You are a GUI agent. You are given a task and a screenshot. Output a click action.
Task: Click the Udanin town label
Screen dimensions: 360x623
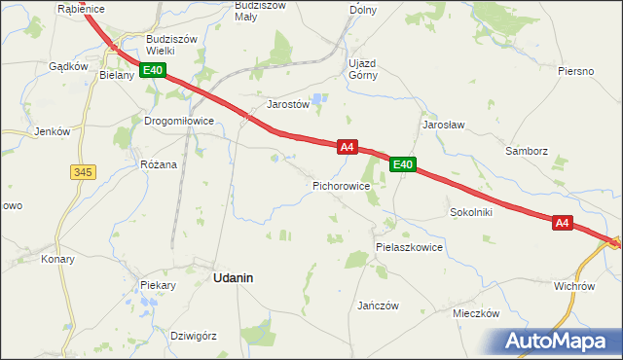coord(233,277)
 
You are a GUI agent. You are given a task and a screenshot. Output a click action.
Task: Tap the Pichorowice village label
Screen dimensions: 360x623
coord(341,184)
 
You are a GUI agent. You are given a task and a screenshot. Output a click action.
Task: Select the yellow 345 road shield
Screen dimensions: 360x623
coord(83,172)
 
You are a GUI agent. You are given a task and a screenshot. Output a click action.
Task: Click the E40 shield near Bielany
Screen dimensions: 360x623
coord(153,70)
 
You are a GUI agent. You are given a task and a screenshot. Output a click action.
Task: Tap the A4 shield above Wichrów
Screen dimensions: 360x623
coord(562,223)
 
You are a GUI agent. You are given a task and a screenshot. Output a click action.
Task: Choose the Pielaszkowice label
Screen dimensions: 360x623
coord(409,247)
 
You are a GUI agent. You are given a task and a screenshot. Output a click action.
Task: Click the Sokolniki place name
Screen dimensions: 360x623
coord(471,211)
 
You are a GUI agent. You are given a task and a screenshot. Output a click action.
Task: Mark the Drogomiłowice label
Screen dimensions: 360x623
coord(179,122)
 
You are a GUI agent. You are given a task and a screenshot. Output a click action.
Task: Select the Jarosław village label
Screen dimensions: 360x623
coord(442,126)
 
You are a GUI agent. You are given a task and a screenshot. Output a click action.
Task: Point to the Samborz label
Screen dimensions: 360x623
coord(527,152)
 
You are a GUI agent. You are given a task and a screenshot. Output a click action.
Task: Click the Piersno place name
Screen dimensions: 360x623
coord(576,71)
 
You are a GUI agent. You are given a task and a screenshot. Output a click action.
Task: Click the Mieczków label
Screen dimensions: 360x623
coord(476,313)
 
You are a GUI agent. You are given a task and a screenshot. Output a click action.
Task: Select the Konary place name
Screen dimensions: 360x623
coord(57,260)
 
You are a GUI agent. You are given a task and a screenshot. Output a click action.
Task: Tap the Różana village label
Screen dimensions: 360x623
coord(159,164)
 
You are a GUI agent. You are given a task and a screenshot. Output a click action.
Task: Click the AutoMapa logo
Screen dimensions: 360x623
coord(555,342)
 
